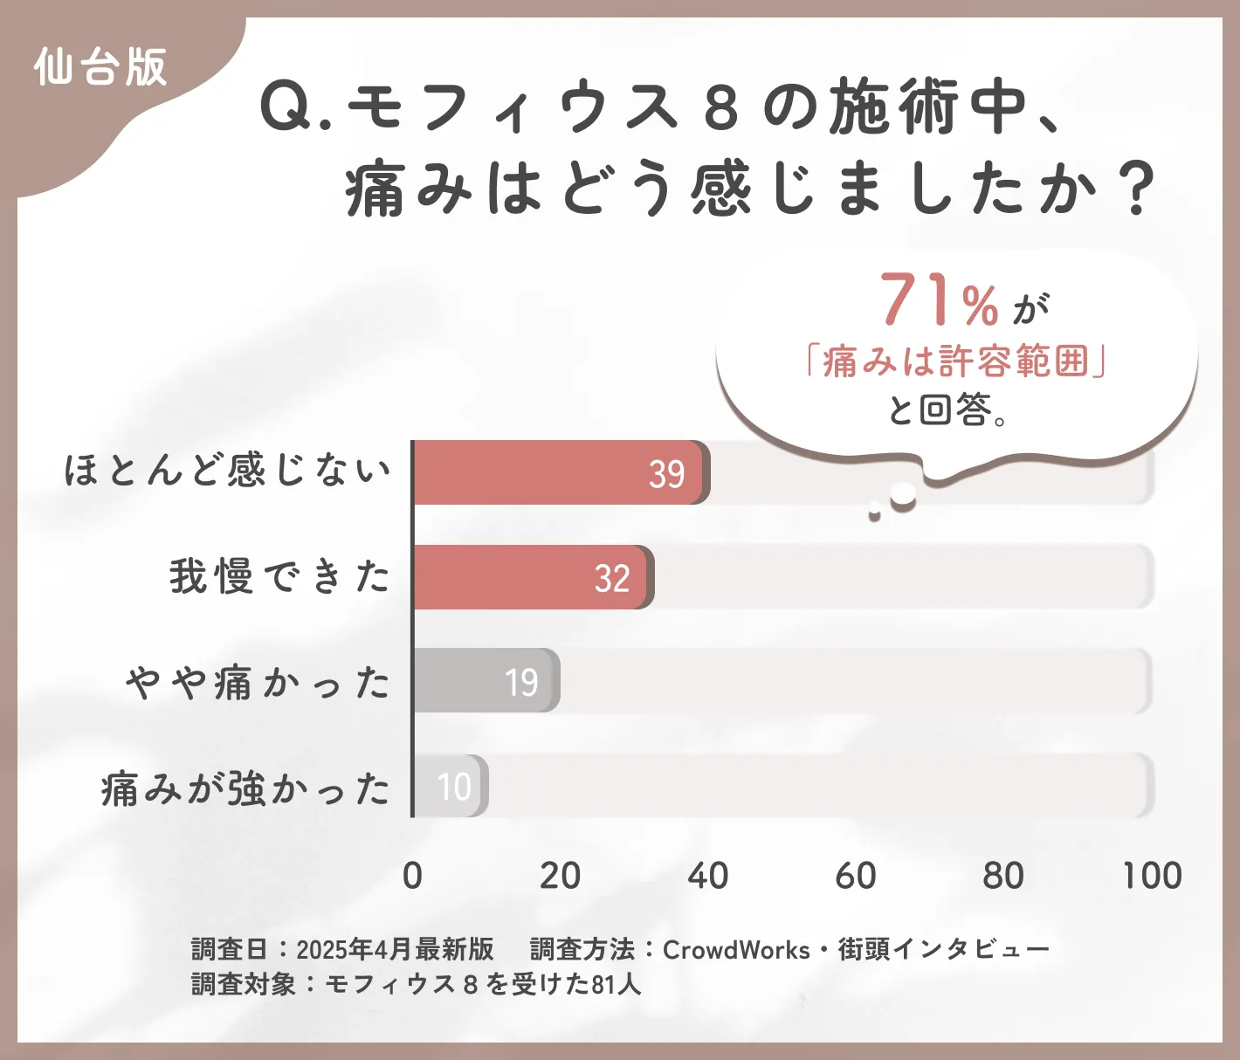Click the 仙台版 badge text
click(x=100, y=67)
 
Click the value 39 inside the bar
click(x=666, y=474)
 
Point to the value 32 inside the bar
click(x=612, y=579)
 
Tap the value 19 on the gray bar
click(x=521, y=683)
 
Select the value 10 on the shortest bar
click(x=454, y=787)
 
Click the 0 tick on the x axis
click(x=412, y=876)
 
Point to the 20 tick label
click(x=560, y=876)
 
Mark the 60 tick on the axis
click(x=855, y=876)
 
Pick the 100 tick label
click(x=1152, y=876)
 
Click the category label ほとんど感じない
click(x=227, y=471)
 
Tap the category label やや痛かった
click(x=258, y=682)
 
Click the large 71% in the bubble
click(x=939, y=301)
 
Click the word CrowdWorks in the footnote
click(x=736, y=949)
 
